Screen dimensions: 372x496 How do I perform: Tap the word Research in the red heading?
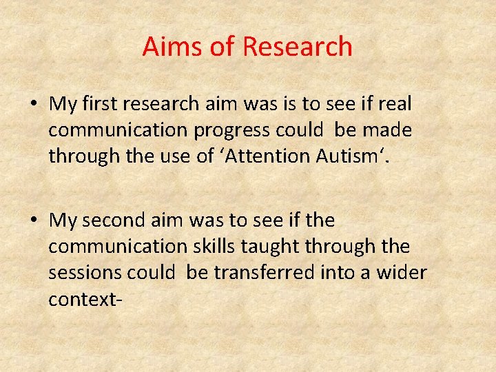(x=298, y=47)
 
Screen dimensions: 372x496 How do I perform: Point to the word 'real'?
(x=393, y=104)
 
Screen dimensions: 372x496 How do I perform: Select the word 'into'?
(x=336, y=273)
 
